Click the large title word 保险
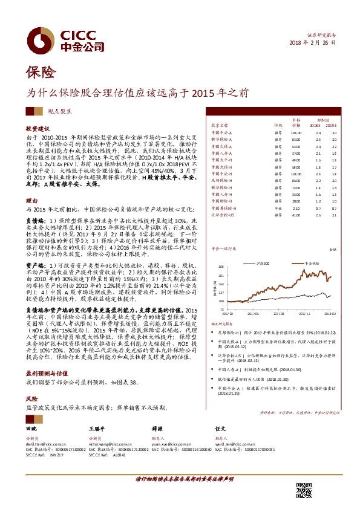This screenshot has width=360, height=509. pos(41,73)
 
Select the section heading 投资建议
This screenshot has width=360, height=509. pos(37,129)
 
